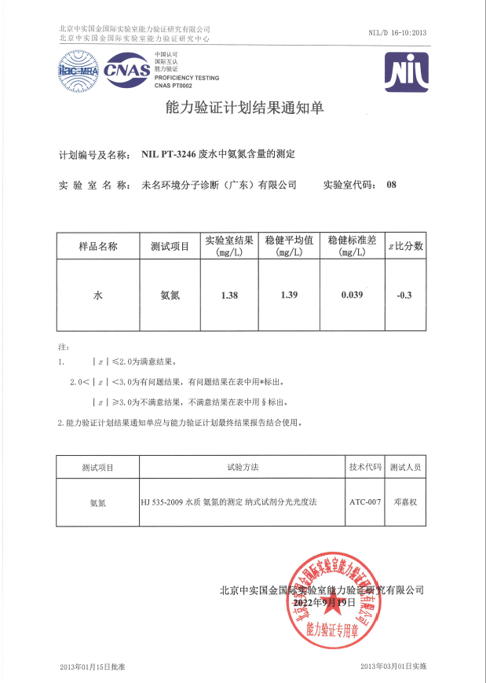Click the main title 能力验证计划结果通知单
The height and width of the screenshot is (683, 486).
pos(242,108)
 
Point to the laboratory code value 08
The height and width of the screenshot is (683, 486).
pos(393,185)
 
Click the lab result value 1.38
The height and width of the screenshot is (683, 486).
pos(229,296)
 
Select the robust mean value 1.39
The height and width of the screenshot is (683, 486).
pos(290,296)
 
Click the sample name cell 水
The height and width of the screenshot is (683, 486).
pos(98,296)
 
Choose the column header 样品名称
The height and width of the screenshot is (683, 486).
pos(98,246)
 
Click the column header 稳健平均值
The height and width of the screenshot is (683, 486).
pos(290,241)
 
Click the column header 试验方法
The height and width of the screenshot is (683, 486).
pos(243,467)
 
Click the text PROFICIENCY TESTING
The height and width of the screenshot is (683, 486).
pos(187,78)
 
